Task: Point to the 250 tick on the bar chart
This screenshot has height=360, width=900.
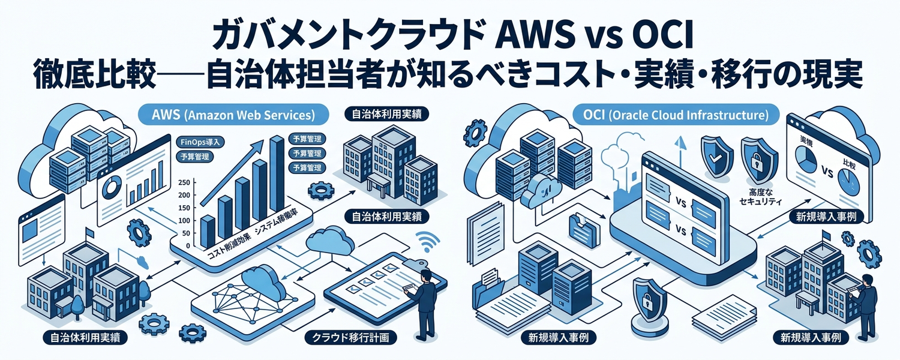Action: tap(185, 182)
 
